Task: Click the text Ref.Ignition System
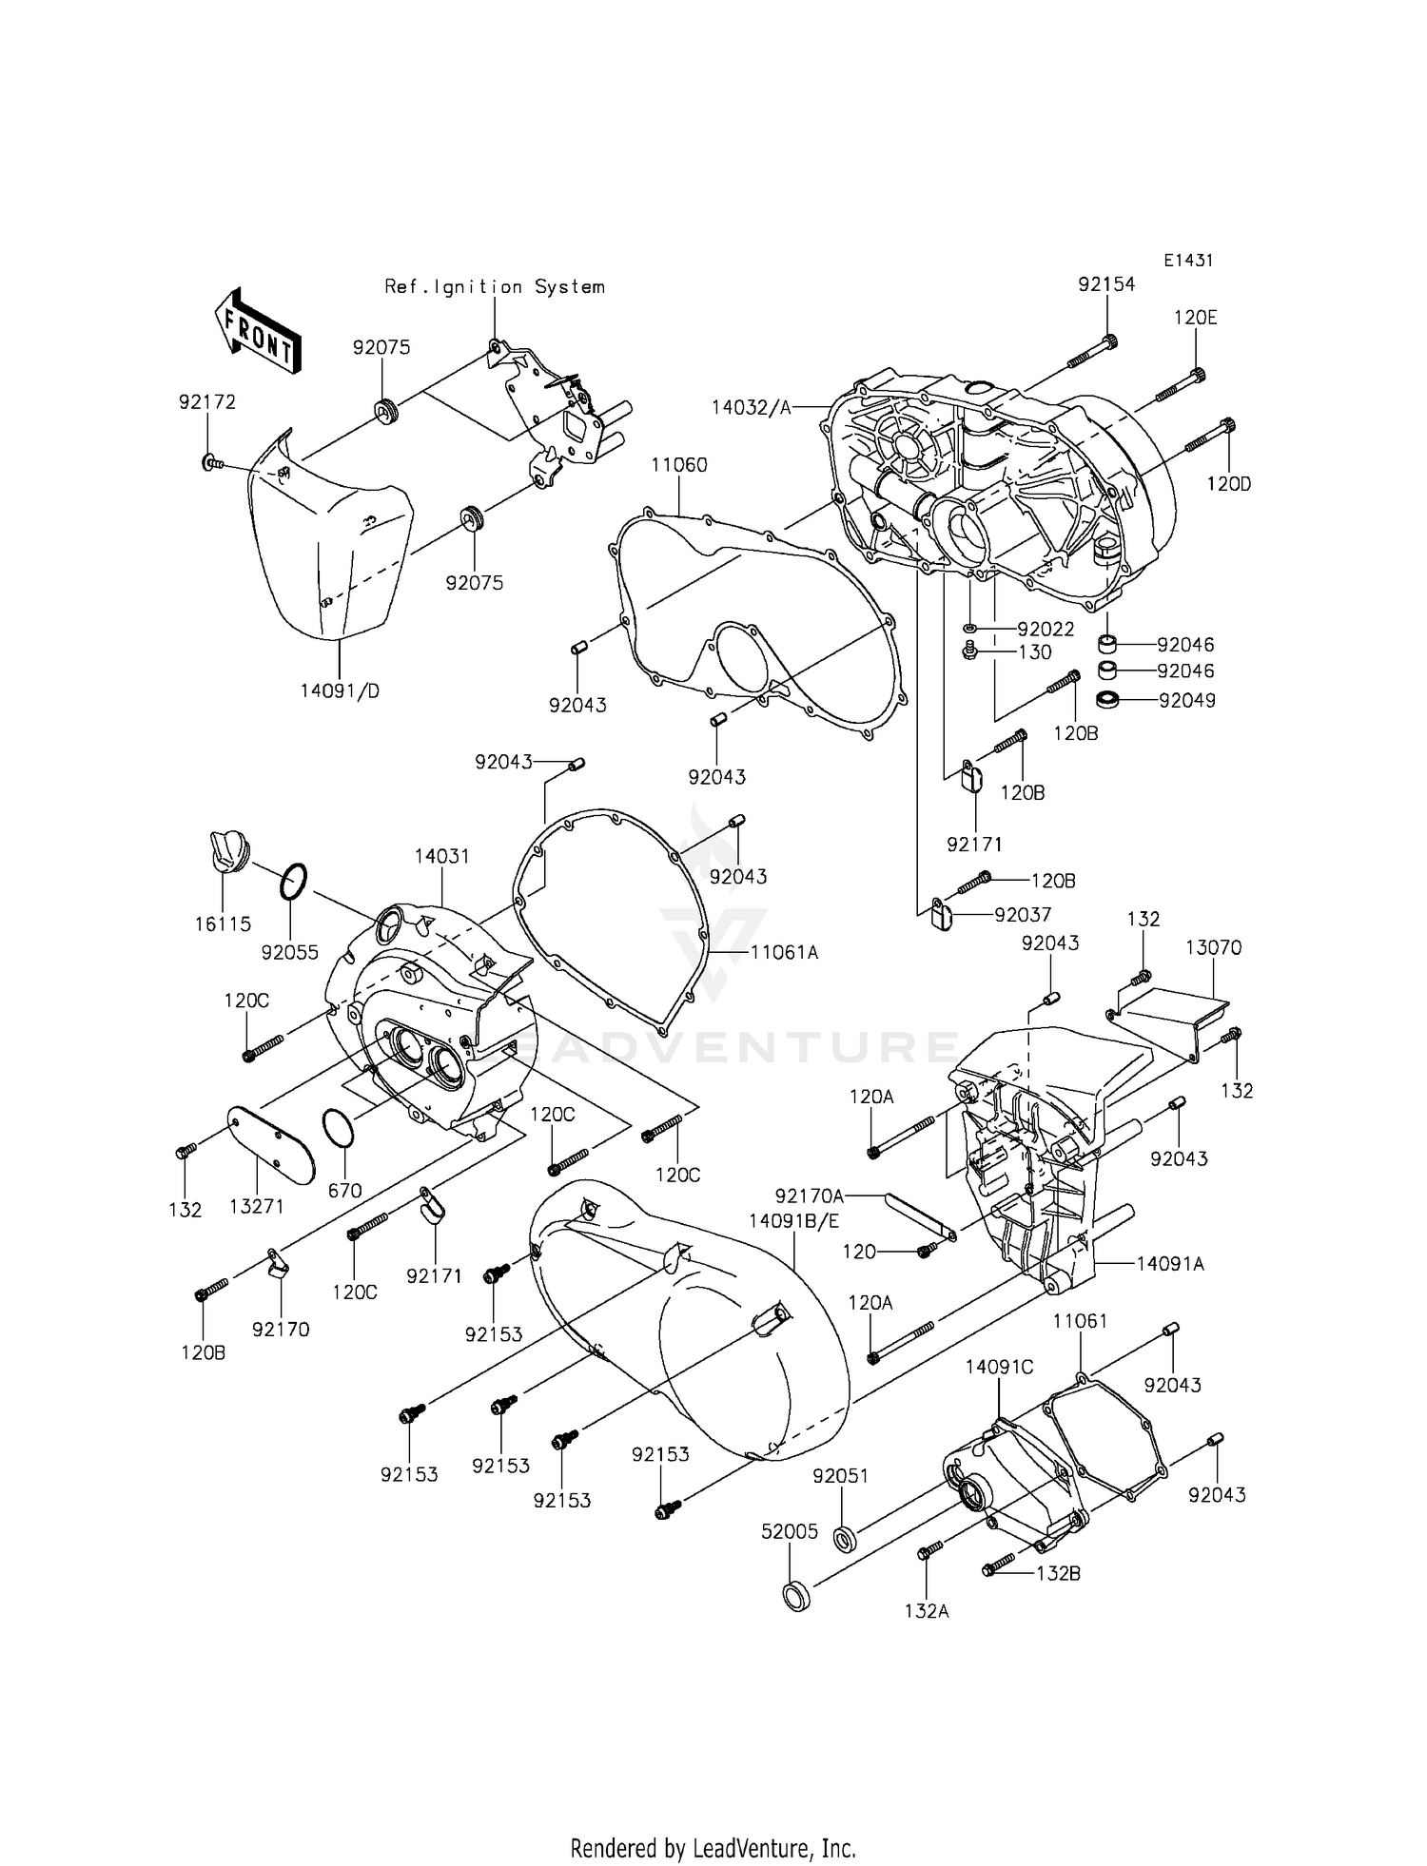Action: click(494, 286)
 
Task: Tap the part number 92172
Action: click(206, 402)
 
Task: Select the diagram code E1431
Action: click(1187, 260)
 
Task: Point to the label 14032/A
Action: click(751, 407)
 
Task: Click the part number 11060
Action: click(679, 465)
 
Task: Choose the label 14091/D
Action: click(340, 691)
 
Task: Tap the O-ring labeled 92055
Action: click(294, 881)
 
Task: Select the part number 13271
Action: click(257, 1206)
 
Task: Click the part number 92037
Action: click(1023, 915)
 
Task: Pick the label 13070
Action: click(1213, 947)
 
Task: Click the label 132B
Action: click(1058, 1573)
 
